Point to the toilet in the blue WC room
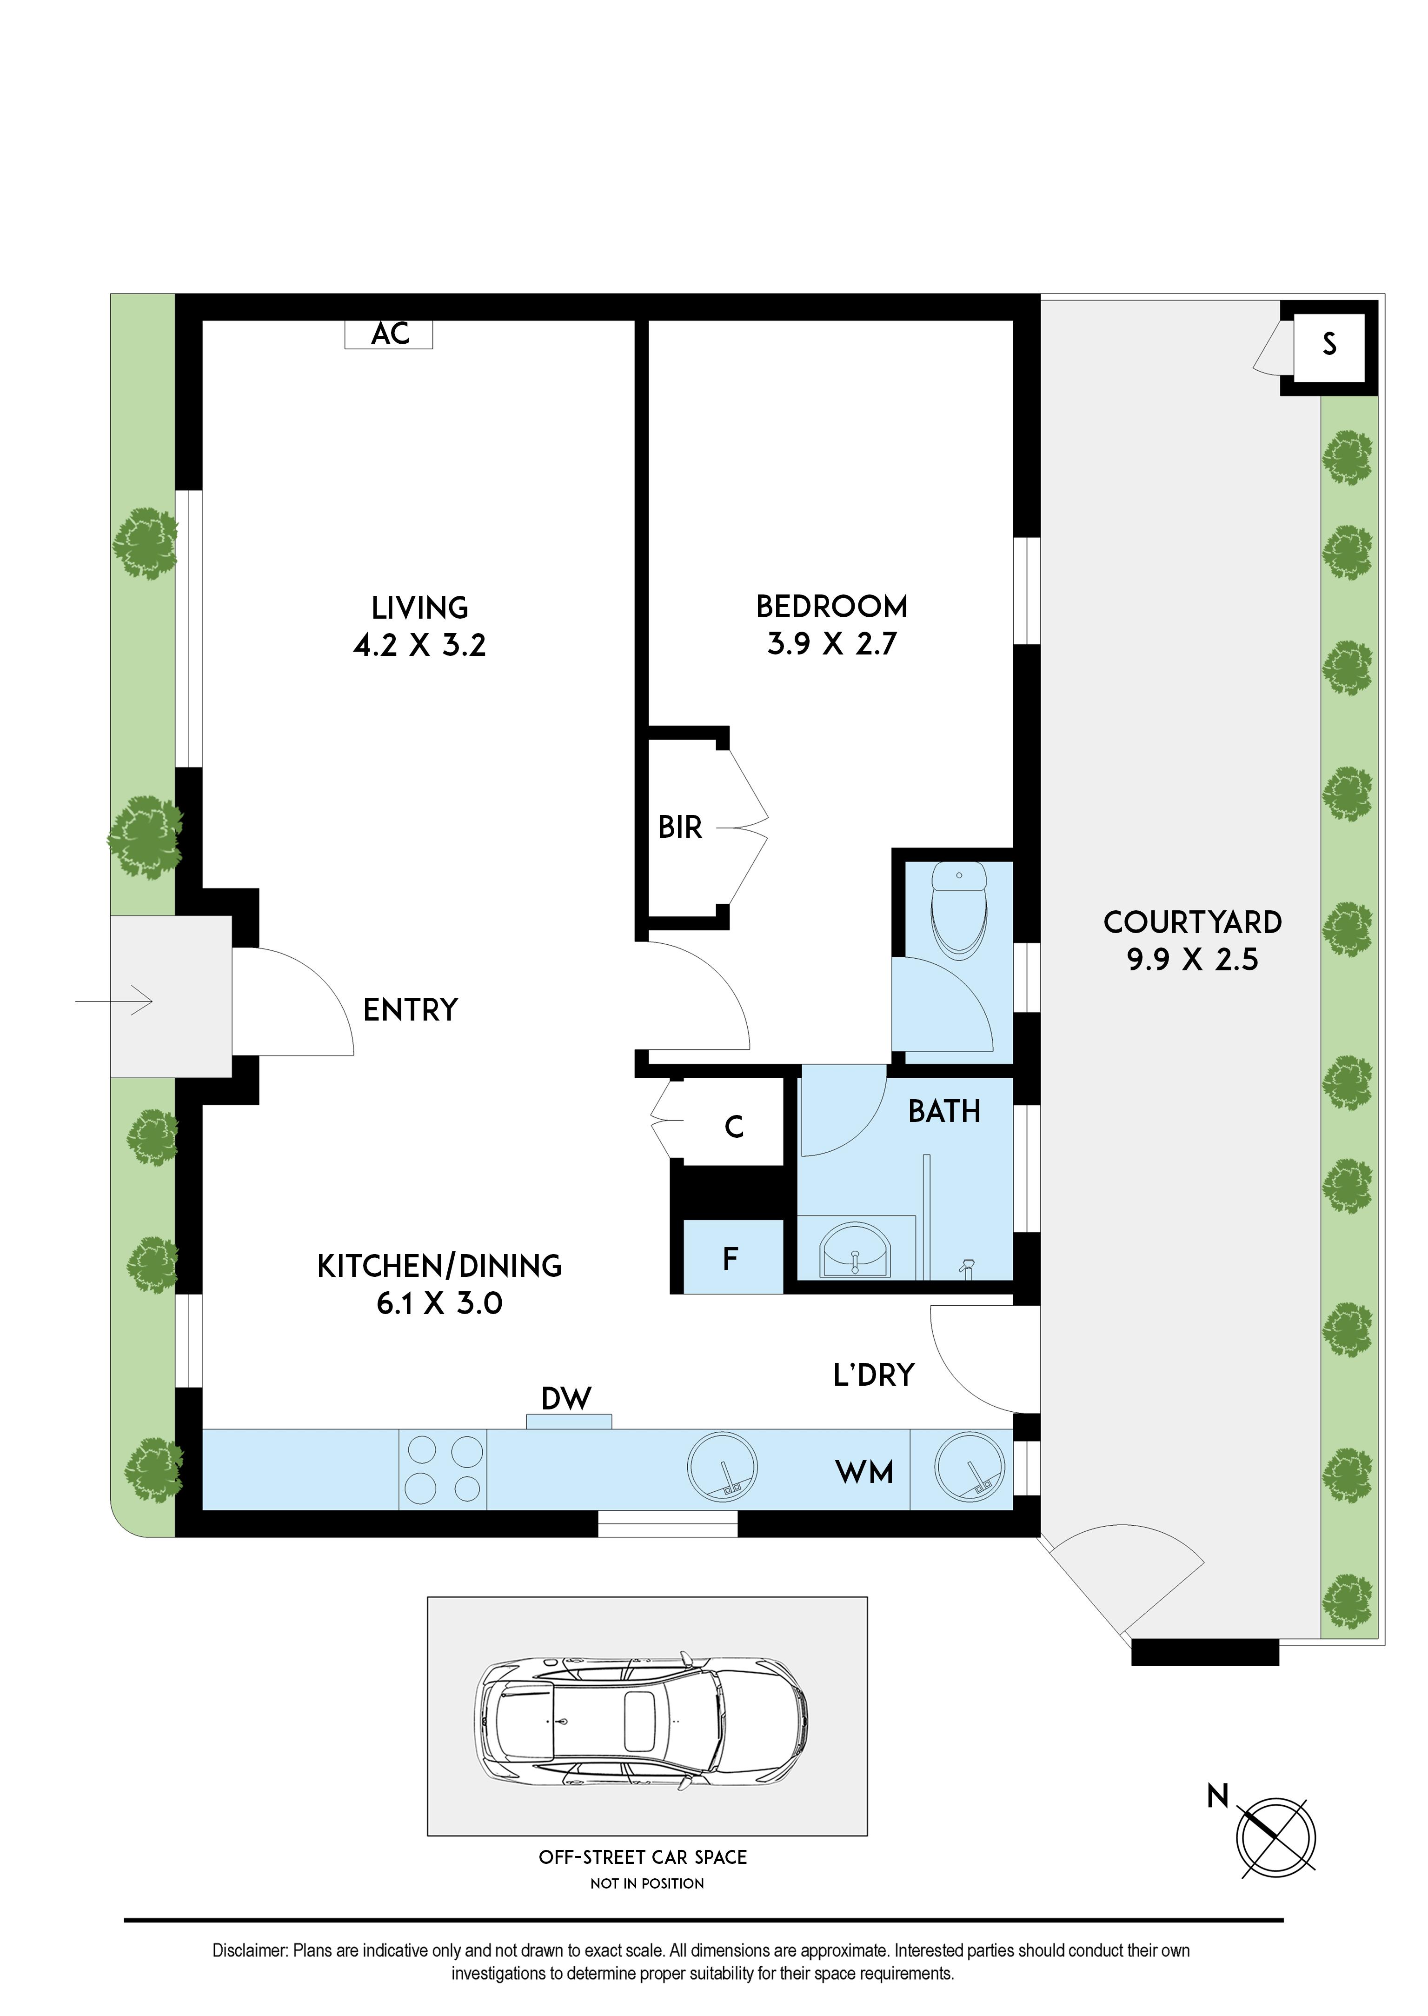click(958, 910)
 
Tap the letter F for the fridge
click(730, 1260)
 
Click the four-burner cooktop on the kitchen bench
click(443, 1469)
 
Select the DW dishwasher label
click(566, 1399)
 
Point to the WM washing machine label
click(864, 1472)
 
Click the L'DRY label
click(874, 1375)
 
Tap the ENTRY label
click(411, 1010)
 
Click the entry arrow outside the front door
click(114, 1001)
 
